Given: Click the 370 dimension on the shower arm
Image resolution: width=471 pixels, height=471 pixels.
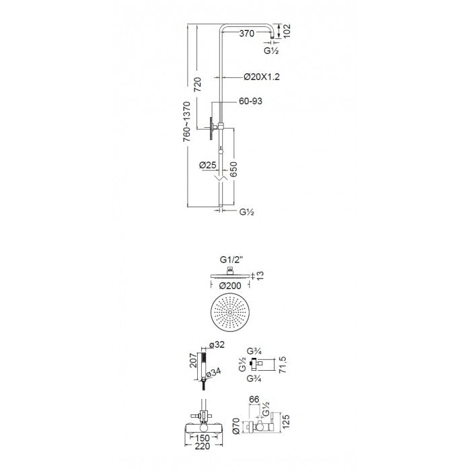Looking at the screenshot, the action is click(247, 34).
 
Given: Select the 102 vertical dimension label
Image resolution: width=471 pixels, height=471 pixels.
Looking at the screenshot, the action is click(287, 31).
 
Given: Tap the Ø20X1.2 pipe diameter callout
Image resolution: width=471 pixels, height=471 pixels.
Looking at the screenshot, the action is click(262, 77).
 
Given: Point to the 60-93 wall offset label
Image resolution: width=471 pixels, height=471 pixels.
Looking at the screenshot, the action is click(250, 101).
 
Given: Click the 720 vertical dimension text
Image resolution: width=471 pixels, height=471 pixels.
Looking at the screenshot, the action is click(197, 85).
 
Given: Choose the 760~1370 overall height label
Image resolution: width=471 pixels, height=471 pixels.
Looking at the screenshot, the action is click(186, 122).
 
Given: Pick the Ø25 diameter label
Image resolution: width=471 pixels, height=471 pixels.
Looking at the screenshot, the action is click(207, 165).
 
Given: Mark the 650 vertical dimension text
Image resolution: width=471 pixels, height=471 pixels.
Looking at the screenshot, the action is click(233, 169).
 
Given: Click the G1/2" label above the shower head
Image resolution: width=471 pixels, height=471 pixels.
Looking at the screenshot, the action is click(231, 260).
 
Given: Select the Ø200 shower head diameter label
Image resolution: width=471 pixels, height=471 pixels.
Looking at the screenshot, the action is click(230, 286).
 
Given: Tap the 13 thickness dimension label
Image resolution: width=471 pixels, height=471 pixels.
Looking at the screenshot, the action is click(260, 275).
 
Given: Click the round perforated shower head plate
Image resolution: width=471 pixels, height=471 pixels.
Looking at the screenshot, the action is click(230, 313).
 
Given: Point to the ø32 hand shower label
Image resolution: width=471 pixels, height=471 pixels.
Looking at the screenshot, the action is click(217, 345).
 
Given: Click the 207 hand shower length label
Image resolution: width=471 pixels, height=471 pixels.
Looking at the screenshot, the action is click(194, 361).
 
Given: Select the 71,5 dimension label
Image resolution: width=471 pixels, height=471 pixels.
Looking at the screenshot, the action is click(283, 365).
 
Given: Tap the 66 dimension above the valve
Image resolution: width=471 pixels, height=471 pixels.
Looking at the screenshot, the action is click(254, 399).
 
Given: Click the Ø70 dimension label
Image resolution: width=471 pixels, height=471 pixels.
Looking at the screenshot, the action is click(235, 426).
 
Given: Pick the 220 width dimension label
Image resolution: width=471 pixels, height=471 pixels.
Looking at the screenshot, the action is click(202, 446).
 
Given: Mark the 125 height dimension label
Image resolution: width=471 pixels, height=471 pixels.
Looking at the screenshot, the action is click(286, 421).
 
